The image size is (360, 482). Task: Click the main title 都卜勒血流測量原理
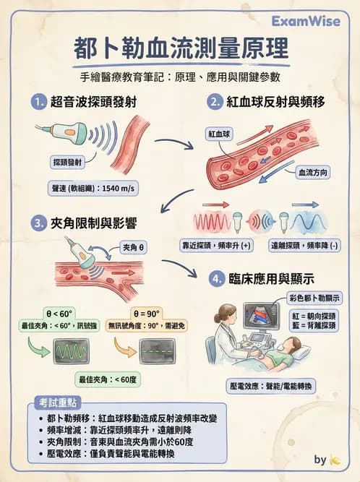coord(181,49)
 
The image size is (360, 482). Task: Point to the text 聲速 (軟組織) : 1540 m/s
coord(93,189)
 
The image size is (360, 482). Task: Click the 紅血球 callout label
coord(219,134)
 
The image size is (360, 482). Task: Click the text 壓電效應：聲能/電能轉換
coord(273,387)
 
